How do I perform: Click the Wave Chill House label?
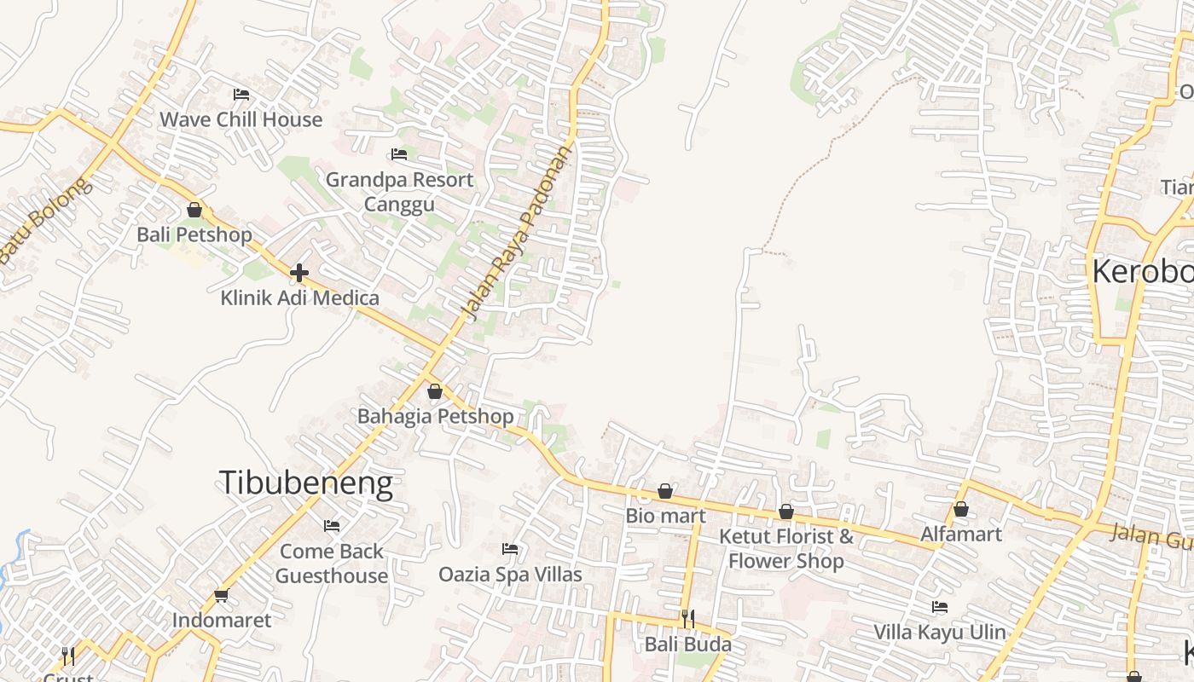[241, 119]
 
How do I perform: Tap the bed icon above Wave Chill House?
[241, 95]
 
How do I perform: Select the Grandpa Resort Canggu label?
[399, 192]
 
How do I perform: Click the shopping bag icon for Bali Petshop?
[194, 210]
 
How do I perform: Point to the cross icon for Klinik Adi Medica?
[299, 273]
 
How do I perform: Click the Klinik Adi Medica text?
[299, 298]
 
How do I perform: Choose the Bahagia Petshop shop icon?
[435, 391]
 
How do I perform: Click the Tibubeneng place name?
[306, 483]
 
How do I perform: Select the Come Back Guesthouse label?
[331, 564]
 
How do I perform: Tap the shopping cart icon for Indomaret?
[222, 595]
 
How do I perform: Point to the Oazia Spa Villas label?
[510, 575]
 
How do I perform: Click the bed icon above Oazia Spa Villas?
[510, 549]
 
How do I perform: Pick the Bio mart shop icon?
[665, 491]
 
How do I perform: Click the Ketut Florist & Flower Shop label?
[785, 548]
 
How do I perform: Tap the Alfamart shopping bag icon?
[961, 509]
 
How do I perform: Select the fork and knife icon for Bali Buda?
[687, 618]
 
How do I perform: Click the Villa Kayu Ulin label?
[940, 633]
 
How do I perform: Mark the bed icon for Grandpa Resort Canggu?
[398, 154]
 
